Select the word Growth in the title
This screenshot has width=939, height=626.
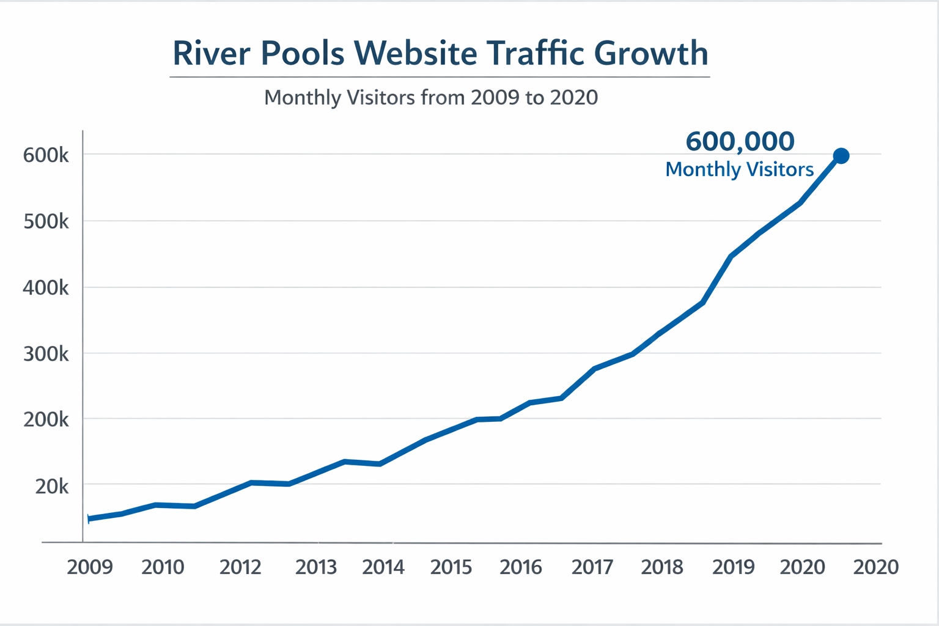(x=651, y=53)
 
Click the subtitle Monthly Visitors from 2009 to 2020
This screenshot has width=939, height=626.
(x=431, y=98)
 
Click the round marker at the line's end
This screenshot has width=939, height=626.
(x=841, y=156)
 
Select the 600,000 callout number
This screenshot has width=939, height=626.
(x=740, y=142)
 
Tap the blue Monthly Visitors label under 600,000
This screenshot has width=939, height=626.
(x=739, y=169)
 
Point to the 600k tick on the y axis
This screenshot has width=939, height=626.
(x=46, y=155)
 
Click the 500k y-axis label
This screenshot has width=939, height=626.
(x=46, y=221)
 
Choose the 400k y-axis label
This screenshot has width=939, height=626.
(x=46, y=287)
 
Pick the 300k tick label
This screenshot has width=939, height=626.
(x=46, y=354)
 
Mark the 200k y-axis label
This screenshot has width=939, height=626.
(x=46, y=420)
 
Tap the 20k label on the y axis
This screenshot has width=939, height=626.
(x=52, y=487)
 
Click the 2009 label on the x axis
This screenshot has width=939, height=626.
(x=90, y=567)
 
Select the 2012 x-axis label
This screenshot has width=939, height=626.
(x=240, y=567)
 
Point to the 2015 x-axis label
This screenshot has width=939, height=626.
(x=451, y=567)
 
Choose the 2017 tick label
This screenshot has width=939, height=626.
(x=592, y=567)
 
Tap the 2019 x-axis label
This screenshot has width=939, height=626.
(x=734, y=567)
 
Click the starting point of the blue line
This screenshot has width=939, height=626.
(x=90, y=519)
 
